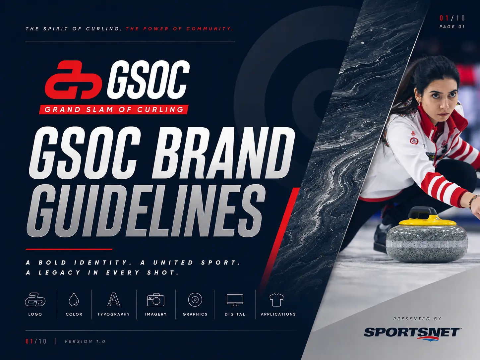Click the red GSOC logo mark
[x=74, y=80]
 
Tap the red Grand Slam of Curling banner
[x=114, y=109]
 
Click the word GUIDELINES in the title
[x=146, y=211]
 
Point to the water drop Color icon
[x=74, y=299]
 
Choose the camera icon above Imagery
[x=156, y=299]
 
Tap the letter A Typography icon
[x=114, y=299]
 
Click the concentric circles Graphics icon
[x=195, y=299]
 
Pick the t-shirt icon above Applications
[x=276, y=300]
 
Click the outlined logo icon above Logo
[x=35, y=299]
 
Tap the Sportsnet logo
[x=411, y=334]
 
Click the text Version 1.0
[x=85, y=341]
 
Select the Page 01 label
[x=452, y=27]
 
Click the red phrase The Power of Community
[x=180, y=29]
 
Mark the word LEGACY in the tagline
[x=60, y=272]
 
